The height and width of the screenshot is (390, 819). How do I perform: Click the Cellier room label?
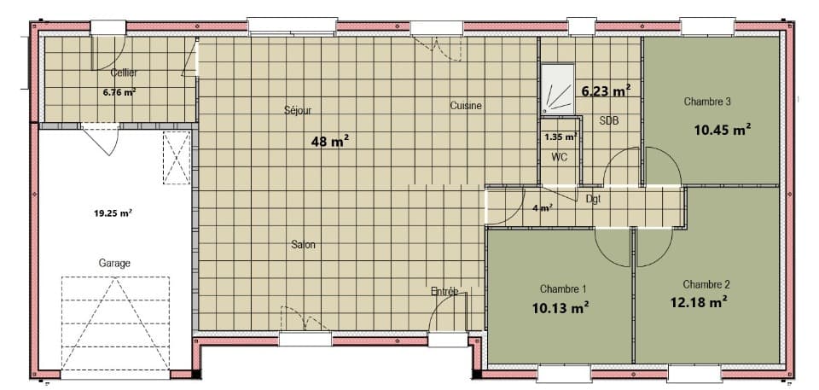point(124,73)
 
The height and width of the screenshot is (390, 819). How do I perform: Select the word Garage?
point(114,264)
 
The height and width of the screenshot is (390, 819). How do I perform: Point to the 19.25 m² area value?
point(113,212)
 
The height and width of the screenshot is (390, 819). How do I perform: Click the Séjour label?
point(298,111)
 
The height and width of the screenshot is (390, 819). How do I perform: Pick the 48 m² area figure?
point(329,141)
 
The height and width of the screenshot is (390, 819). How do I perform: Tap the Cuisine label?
point(466,106)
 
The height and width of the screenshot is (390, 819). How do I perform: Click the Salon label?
point(304,245)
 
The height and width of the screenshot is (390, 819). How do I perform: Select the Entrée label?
point(444,291)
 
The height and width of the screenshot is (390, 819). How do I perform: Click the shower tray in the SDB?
point(558,89)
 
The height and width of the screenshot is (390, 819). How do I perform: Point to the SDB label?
point(609,121)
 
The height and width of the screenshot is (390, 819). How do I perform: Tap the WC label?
point(559,156)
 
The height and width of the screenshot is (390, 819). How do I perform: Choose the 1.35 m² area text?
point(561,137)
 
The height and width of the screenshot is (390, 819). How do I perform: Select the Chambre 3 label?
point(707,102)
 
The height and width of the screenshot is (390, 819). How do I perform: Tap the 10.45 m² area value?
point(723,130)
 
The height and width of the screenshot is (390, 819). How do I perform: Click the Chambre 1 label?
point(563,288)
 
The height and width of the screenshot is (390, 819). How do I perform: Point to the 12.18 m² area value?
point(700,302)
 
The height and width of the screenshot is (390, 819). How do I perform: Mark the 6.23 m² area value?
point(606,91)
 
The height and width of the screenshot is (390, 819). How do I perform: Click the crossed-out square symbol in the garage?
point(177,157)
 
